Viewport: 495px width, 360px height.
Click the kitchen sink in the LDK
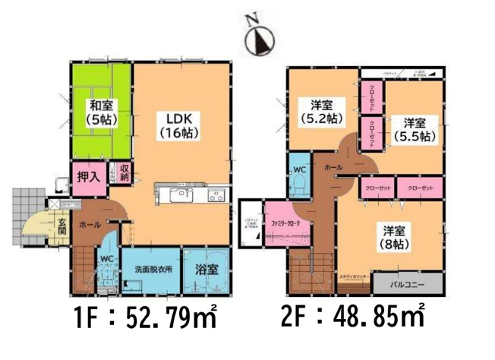(x=181, y=197)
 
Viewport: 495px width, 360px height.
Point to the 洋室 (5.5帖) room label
(x=414, y=129)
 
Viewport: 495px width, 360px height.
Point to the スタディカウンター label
(x=355, y=278)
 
